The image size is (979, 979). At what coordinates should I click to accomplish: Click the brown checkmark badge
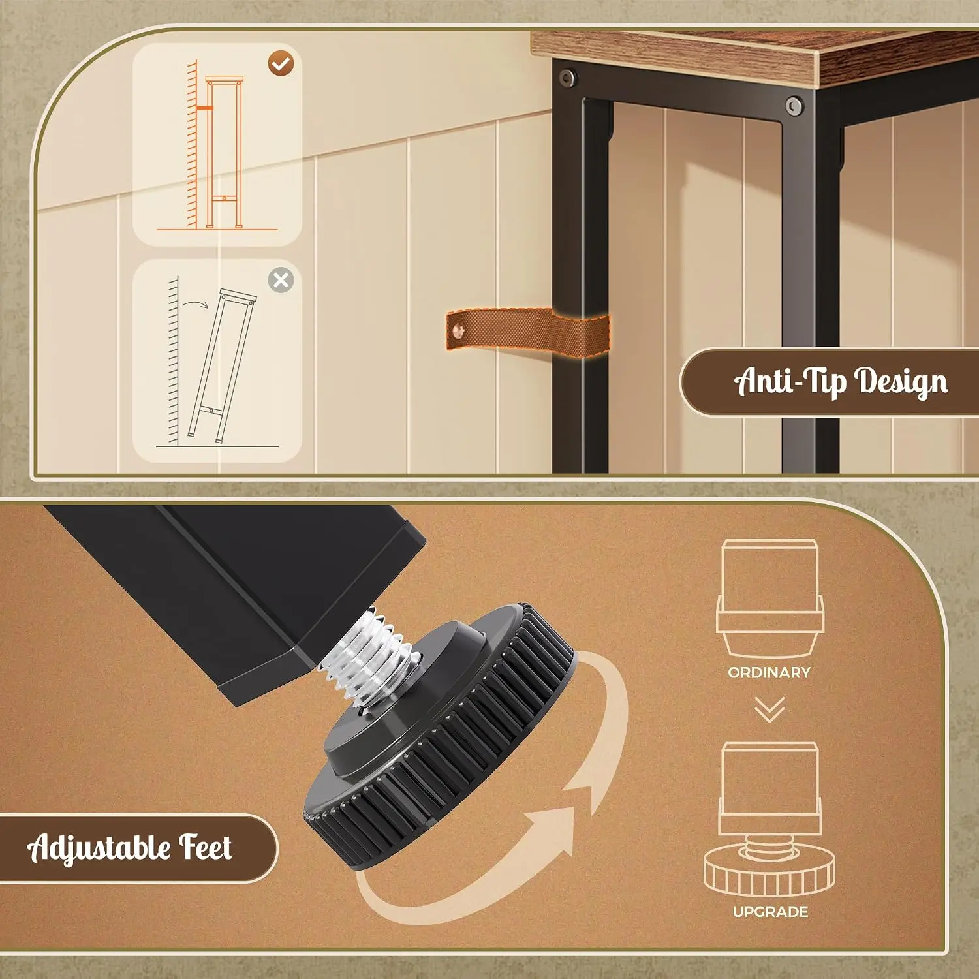point(281,63)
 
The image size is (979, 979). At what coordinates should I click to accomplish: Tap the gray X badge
point(281,280)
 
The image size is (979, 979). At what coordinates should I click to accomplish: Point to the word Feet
point(206,847)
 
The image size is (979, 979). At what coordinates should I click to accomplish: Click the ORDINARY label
point(769,672)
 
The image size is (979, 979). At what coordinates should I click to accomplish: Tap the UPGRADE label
point(771,912)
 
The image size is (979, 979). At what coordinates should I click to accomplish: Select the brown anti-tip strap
point(527,330)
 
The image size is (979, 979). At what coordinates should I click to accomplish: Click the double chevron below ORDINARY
point(770,709)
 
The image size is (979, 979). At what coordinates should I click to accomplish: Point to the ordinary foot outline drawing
point(770,598)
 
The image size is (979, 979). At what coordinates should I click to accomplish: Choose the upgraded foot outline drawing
point(769,820)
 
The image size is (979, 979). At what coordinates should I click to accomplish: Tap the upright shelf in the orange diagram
point(224,152)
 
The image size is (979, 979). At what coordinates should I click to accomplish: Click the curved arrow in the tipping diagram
point(195,304)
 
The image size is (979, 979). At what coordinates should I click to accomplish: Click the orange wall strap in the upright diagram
point(204,108)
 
